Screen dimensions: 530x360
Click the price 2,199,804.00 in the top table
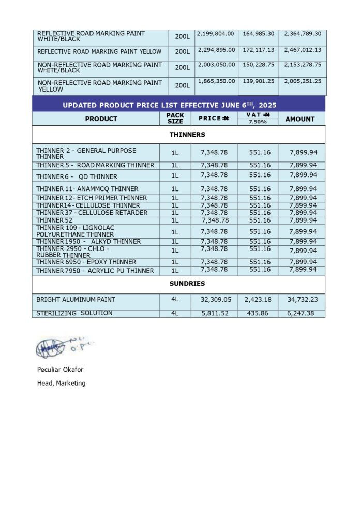tap(216, 34)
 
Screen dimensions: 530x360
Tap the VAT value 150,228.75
tap(259, 65)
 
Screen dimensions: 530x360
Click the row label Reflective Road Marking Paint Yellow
tap(99, 52)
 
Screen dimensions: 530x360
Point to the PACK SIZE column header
tap(175, 119)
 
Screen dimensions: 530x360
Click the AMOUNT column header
tap(300, 119)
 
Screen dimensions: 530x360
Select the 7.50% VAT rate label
tap(258, 122)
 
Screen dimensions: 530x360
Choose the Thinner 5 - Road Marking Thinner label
tap(95, 165)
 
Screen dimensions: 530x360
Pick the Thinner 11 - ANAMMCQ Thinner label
tap(87, 189)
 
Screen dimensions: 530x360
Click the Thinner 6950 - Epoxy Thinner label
tap(86, 262)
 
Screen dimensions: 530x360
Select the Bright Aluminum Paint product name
tap(76, 300)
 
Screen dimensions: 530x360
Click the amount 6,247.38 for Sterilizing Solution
tap(303, 314)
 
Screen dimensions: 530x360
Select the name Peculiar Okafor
tap(60, 370)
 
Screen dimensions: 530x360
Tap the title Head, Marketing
tap(61, 383)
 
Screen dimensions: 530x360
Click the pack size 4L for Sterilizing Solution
tap(175, 314)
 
